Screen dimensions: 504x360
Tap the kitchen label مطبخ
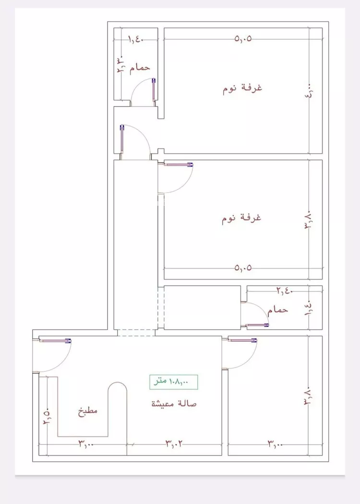tap(88, 411)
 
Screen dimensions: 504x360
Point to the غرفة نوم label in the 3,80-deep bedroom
tap(241, 218)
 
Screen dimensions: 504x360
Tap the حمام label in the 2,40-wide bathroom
tap(278, 310)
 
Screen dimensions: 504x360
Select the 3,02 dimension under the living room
tap(174, 443)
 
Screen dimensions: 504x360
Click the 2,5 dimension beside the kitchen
tap(47, 416)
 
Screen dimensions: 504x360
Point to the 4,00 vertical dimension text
tap(310, 91)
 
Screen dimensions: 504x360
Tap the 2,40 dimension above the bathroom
tap(284, 290)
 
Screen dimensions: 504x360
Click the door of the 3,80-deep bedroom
tap(178, 178)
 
